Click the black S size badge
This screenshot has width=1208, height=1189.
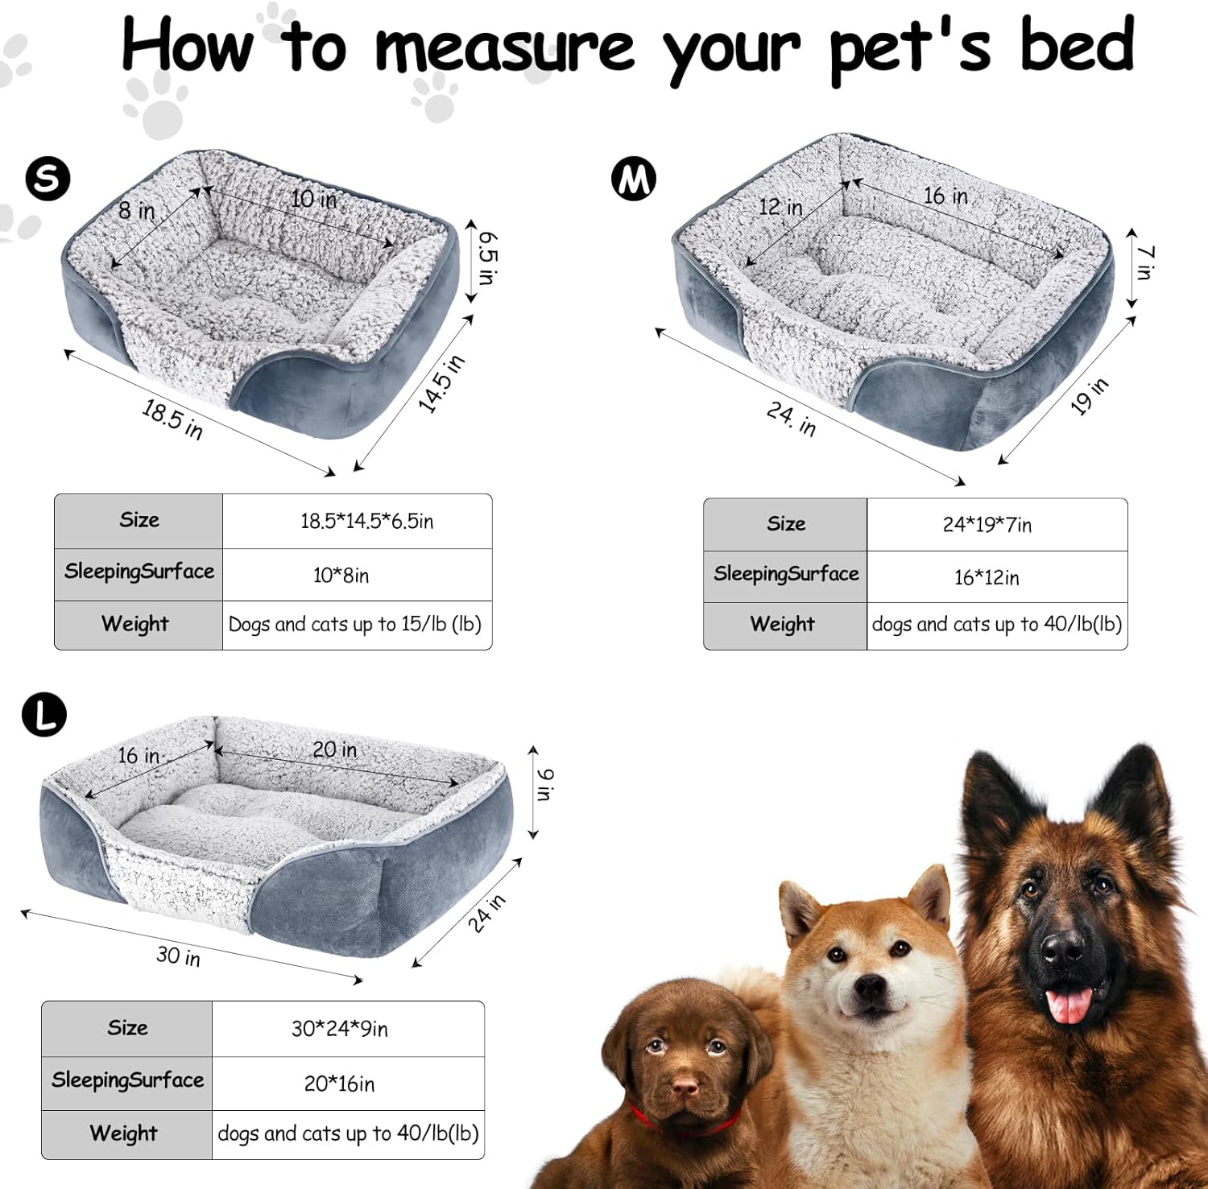click(x=48, y=179)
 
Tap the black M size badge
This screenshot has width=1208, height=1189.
click(x=633, y=179)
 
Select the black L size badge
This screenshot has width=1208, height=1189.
click(x=43, y=715)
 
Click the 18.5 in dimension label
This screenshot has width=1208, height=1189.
click(x=172, y=419)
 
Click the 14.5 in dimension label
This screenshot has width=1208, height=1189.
click(x=441, y=383)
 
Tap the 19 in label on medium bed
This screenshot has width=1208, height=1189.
click(x=1089, y=396)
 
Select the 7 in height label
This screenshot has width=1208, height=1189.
click(x=1144, y=262)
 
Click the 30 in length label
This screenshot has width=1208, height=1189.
click(x=178, y=956)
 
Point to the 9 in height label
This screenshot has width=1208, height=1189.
click(x=544, y=784)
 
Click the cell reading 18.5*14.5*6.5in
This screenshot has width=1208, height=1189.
click(x=366, y=522)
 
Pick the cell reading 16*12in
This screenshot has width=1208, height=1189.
click(x=987, y=578)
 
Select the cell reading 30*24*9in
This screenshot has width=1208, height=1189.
click(x=339, y=1029)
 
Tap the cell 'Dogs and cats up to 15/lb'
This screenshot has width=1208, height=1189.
click(x=355, y=625)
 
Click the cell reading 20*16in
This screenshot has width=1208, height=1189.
click(x=339, y=1084)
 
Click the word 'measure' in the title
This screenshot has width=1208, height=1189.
click(x=505, y=47)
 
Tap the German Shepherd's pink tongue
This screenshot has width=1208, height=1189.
click(x=1069, y=1005)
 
